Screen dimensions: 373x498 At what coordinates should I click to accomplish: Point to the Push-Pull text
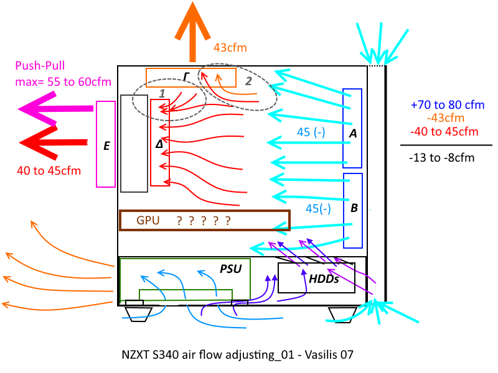pos(40,65)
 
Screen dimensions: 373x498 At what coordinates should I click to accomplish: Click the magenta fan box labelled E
pos(106,144)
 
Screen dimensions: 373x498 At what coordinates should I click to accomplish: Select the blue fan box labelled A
pos(352,129)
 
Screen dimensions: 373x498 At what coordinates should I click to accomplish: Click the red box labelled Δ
pos(160,142)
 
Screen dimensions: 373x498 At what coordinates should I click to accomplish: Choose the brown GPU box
pos(204,221)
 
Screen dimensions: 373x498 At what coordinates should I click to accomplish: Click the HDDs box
pos(316,278)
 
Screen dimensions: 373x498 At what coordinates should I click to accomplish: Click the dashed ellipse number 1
pos(162,93)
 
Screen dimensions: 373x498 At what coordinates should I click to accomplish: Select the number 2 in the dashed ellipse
pos(248,80)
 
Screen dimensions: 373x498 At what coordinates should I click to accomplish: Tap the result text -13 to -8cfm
pos(442,158)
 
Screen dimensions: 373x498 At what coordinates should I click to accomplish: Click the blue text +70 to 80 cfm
pos(447,105)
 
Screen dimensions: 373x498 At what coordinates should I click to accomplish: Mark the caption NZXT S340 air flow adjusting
pos(238,356)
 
